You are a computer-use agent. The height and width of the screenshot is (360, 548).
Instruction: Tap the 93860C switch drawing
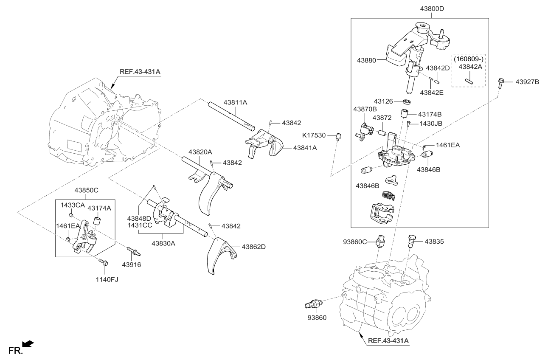381,241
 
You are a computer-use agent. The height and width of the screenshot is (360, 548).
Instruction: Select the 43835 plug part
411,241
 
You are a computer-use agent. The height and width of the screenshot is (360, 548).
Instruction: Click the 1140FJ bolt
103,263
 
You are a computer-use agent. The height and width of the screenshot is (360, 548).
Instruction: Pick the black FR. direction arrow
28,343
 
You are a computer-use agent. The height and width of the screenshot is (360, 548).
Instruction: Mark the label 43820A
200,152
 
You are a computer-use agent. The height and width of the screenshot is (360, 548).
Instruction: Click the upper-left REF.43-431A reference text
140,72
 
